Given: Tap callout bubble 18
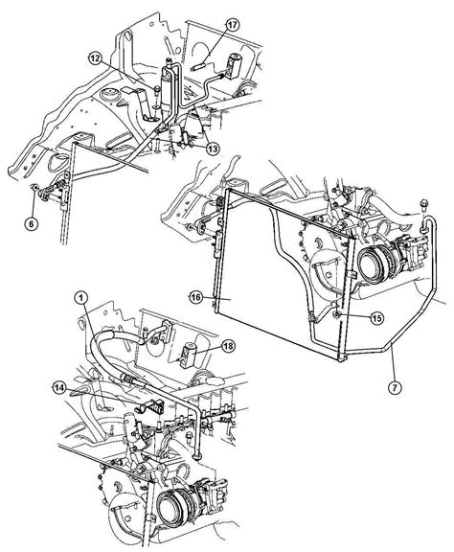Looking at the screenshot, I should point(227,346).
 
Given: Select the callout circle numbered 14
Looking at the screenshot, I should point(57,387).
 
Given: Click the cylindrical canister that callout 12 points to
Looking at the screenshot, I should point(169,92).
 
